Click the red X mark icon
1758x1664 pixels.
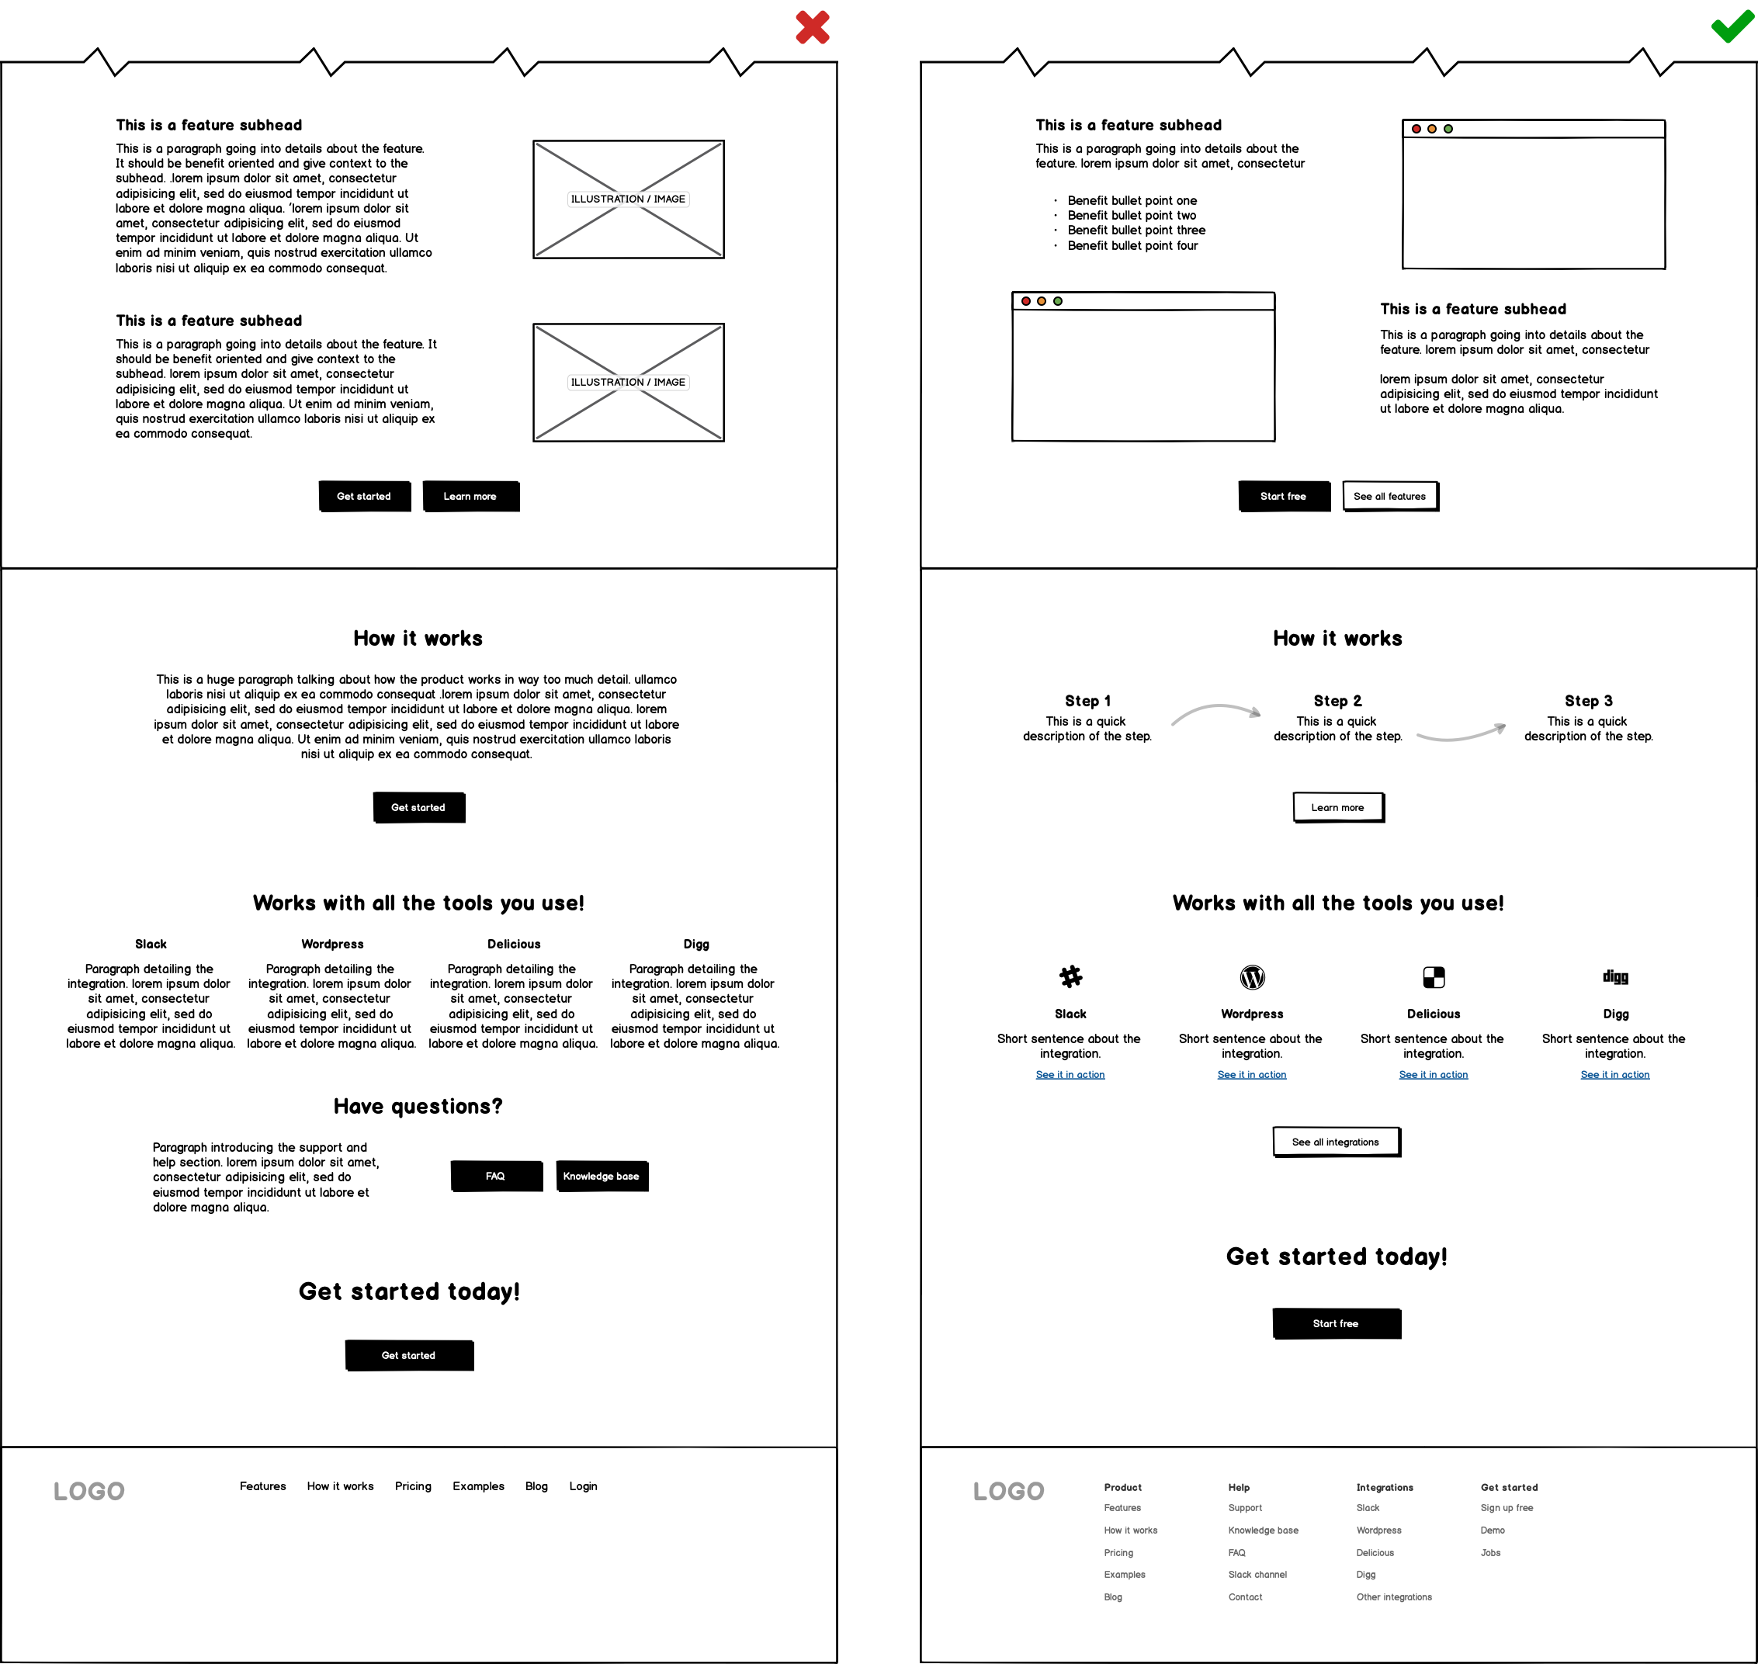[x=813, y=27]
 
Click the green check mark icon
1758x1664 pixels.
[x=1732, y=27]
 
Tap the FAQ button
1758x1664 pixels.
[x=496, y=1176]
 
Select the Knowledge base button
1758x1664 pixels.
[x=602, y=1176]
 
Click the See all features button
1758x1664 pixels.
[x=1390, y=497]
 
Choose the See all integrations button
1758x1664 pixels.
[x=1336, y=1142]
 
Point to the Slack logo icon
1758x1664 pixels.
[x=1070, y=976]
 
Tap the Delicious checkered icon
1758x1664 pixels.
[x=1434, y=977]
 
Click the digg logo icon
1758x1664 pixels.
[x=1615, y=976]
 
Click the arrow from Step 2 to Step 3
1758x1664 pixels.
[x=1462, y=733]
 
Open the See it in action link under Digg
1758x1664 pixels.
[x=1615, y=1075]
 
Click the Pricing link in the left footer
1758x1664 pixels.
[x=414, y=1486]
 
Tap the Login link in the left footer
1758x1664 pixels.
[x=584, y=1486]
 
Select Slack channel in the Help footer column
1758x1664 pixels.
[x=1257, y=1575]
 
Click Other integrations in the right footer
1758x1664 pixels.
[x=1394, y=1596]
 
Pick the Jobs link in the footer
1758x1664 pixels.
[x=1491, y=1552]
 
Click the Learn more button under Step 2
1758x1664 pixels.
[x=1338, y=808]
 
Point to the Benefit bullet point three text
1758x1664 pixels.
[x=1137, y=231]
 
